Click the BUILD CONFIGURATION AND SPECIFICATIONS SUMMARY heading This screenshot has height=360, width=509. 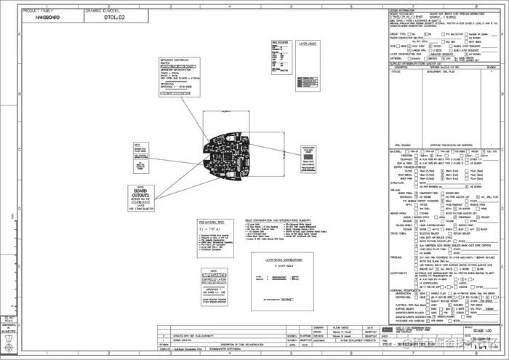pos(284,221)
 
